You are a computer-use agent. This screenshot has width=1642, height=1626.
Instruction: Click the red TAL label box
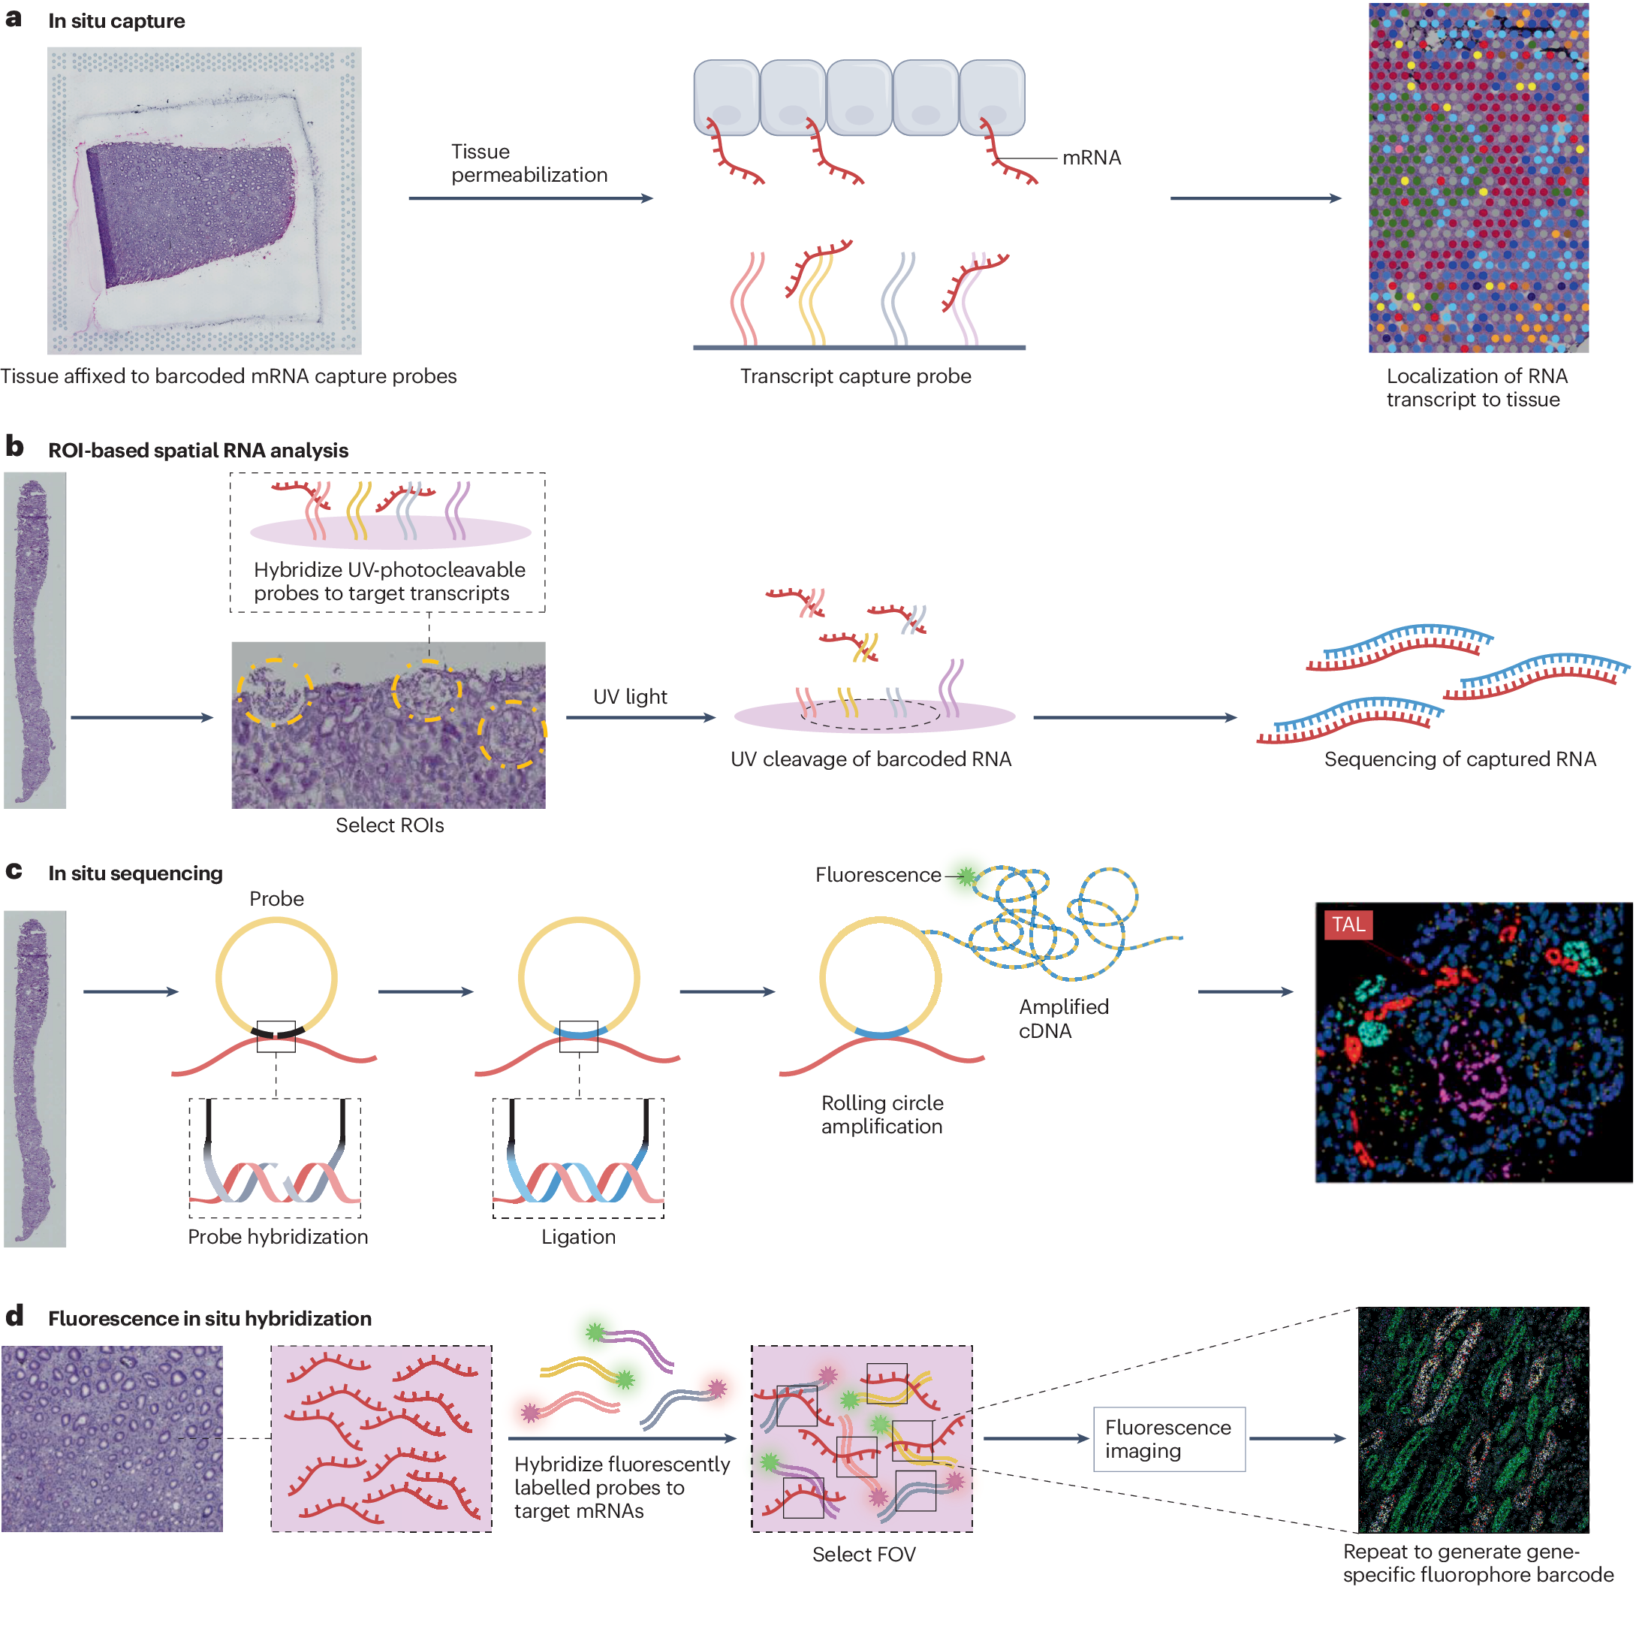click(x=1347, y=925)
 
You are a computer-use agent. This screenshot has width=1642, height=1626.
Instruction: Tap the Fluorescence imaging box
click(x=1168, y=1439)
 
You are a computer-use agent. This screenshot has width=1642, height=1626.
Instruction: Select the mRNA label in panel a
click(x=1091, y=157)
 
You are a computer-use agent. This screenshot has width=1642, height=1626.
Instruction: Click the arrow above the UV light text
click(x=641, y=717)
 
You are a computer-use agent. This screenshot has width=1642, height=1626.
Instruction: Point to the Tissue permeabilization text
click(x=529, y=163)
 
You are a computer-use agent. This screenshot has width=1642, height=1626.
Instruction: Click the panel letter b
click(x=14, y=446)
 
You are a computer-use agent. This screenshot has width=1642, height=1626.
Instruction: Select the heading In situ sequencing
click(x=135, y=873)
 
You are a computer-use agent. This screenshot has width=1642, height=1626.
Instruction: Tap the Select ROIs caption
click(x=389, y=825)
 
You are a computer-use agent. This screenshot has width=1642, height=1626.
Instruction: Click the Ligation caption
click(x=578, y=1237)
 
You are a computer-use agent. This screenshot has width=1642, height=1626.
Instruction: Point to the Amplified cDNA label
click(x=1063, y=1018)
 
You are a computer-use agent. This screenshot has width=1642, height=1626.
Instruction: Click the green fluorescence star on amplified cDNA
click(x=966, y=876)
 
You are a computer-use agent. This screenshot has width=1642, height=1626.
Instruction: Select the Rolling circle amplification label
click(x=882, y=1115)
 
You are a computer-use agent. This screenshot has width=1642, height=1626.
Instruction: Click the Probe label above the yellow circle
click(x=276, y=898)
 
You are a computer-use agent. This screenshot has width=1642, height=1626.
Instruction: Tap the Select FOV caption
click(x=863, y=1555)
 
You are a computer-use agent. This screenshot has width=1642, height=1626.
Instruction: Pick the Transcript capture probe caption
click(x=855, y=376)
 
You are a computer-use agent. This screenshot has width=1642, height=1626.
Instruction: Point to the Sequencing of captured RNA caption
click(x=1460, y=759)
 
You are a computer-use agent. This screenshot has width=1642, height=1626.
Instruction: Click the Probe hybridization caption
click(x=277, y=1237)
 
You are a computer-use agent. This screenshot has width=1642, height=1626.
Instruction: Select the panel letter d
click(x=14, y=1317)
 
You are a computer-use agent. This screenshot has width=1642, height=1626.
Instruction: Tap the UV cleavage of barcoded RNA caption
click(x=870, y=759)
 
